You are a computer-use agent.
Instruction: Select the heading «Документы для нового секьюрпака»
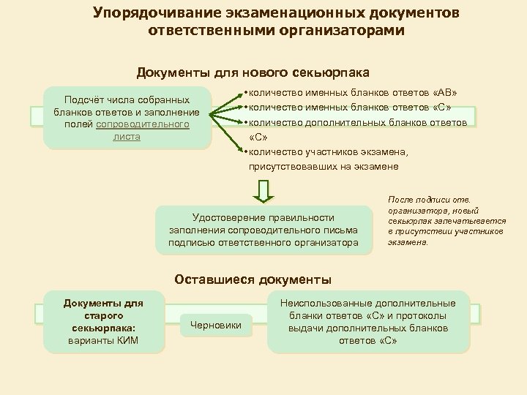click(x=253, y=73)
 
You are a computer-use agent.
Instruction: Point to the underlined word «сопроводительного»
click(x=143, y=124)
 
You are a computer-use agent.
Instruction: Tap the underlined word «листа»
click(x=127, y=137)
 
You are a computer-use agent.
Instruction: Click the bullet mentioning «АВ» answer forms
click(x=354, y=94)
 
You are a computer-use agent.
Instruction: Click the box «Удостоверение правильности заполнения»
click(x=263, y=230)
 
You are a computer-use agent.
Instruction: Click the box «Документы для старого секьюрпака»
click(x=102, y=322)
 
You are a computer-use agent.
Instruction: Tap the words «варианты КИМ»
click(x=102, y=341)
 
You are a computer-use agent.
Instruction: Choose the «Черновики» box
click(x=215, y=325)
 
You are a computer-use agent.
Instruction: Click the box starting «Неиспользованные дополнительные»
click(x=373, y=322)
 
